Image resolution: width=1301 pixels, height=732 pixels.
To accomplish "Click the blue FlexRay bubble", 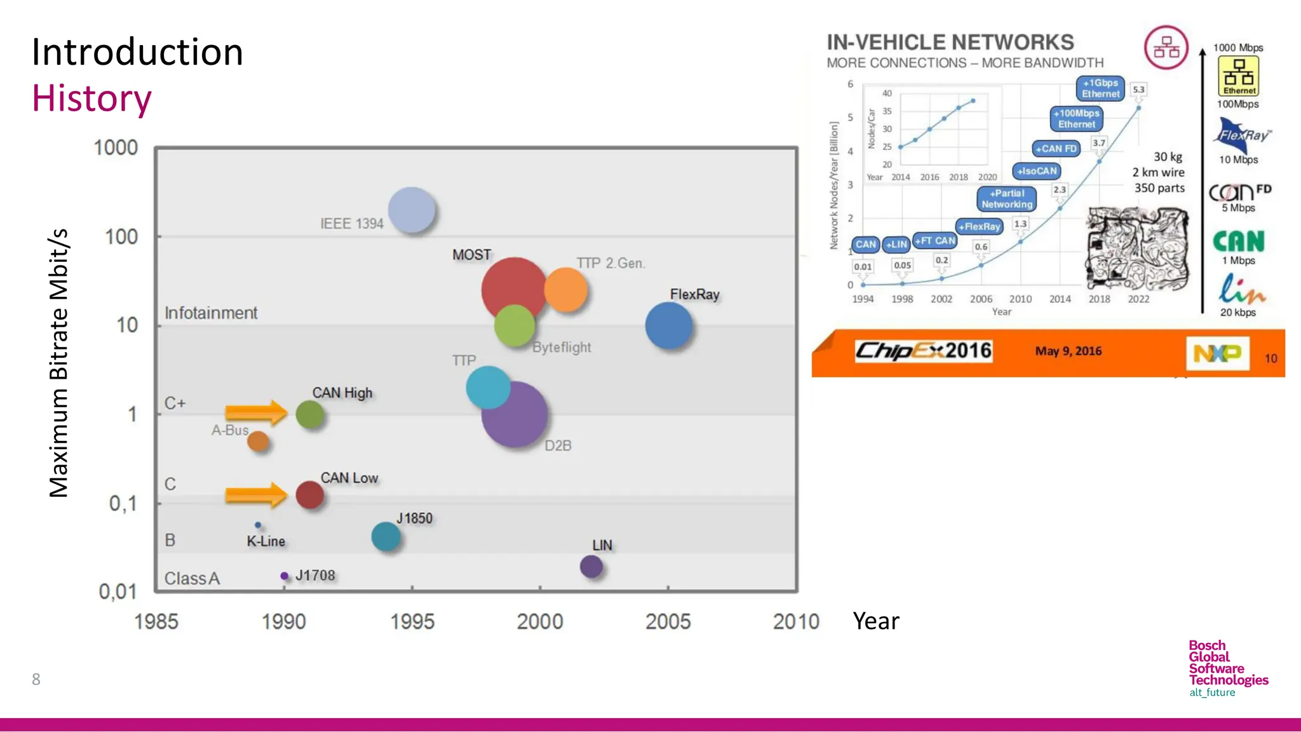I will pos(668,325).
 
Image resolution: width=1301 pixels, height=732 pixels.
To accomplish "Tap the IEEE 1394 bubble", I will pos(412,210).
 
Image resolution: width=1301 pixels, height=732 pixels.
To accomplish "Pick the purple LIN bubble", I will pos(591,566).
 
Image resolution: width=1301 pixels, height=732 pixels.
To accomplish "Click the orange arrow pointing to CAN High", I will pos(256,413).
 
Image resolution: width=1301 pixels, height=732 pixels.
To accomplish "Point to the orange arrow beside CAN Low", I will pos(256,494).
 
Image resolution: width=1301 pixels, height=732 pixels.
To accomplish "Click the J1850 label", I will pos(414,518).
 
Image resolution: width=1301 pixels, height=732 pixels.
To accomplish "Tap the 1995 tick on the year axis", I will pos(412,621).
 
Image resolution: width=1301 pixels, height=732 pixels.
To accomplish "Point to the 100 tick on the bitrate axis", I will pos(121,237).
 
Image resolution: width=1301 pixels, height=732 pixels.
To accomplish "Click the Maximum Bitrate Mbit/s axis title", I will pos(58,363).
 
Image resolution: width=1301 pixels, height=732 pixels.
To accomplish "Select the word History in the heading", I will pos(91,98).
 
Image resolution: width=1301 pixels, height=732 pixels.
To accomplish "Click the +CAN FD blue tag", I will pos(1056,149).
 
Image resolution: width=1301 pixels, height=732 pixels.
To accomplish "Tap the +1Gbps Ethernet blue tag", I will pos(1100,88).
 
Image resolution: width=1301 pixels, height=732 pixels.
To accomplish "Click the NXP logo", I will pos(1217,353).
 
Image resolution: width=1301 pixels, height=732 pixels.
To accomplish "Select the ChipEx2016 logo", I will pos(923,351).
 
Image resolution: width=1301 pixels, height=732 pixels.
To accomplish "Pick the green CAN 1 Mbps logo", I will pos(1238,241).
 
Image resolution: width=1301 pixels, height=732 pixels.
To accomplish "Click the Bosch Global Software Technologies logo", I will pos(1227,668).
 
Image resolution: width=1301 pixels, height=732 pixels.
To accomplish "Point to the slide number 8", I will pos(36,679).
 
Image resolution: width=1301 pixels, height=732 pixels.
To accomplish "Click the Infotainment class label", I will pos(211,313).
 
